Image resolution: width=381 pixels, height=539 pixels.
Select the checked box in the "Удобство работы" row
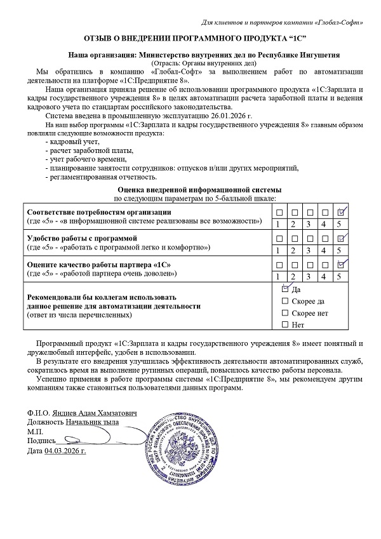click(x=342, y=237)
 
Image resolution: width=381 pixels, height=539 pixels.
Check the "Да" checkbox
click(x=284, y=289)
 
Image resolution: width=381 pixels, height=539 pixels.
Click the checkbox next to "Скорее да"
click(x=284, y=301)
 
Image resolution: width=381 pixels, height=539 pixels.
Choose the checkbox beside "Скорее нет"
click(x=284, y=313)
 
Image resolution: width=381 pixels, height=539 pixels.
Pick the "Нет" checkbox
click(x=284, y=325)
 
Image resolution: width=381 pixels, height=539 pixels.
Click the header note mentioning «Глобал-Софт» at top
click(x=283, y=23)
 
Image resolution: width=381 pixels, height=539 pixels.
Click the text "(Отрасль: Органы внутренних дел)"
click(x=203, y=63)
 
